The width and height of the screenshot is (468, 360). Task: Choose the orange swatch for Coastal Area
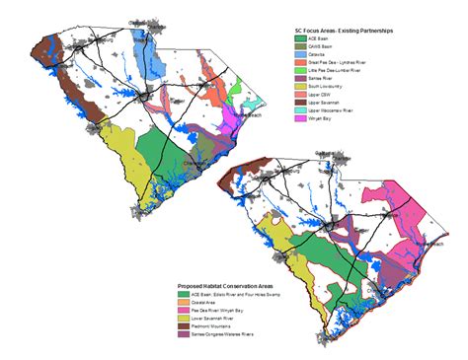coord(184,303)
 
